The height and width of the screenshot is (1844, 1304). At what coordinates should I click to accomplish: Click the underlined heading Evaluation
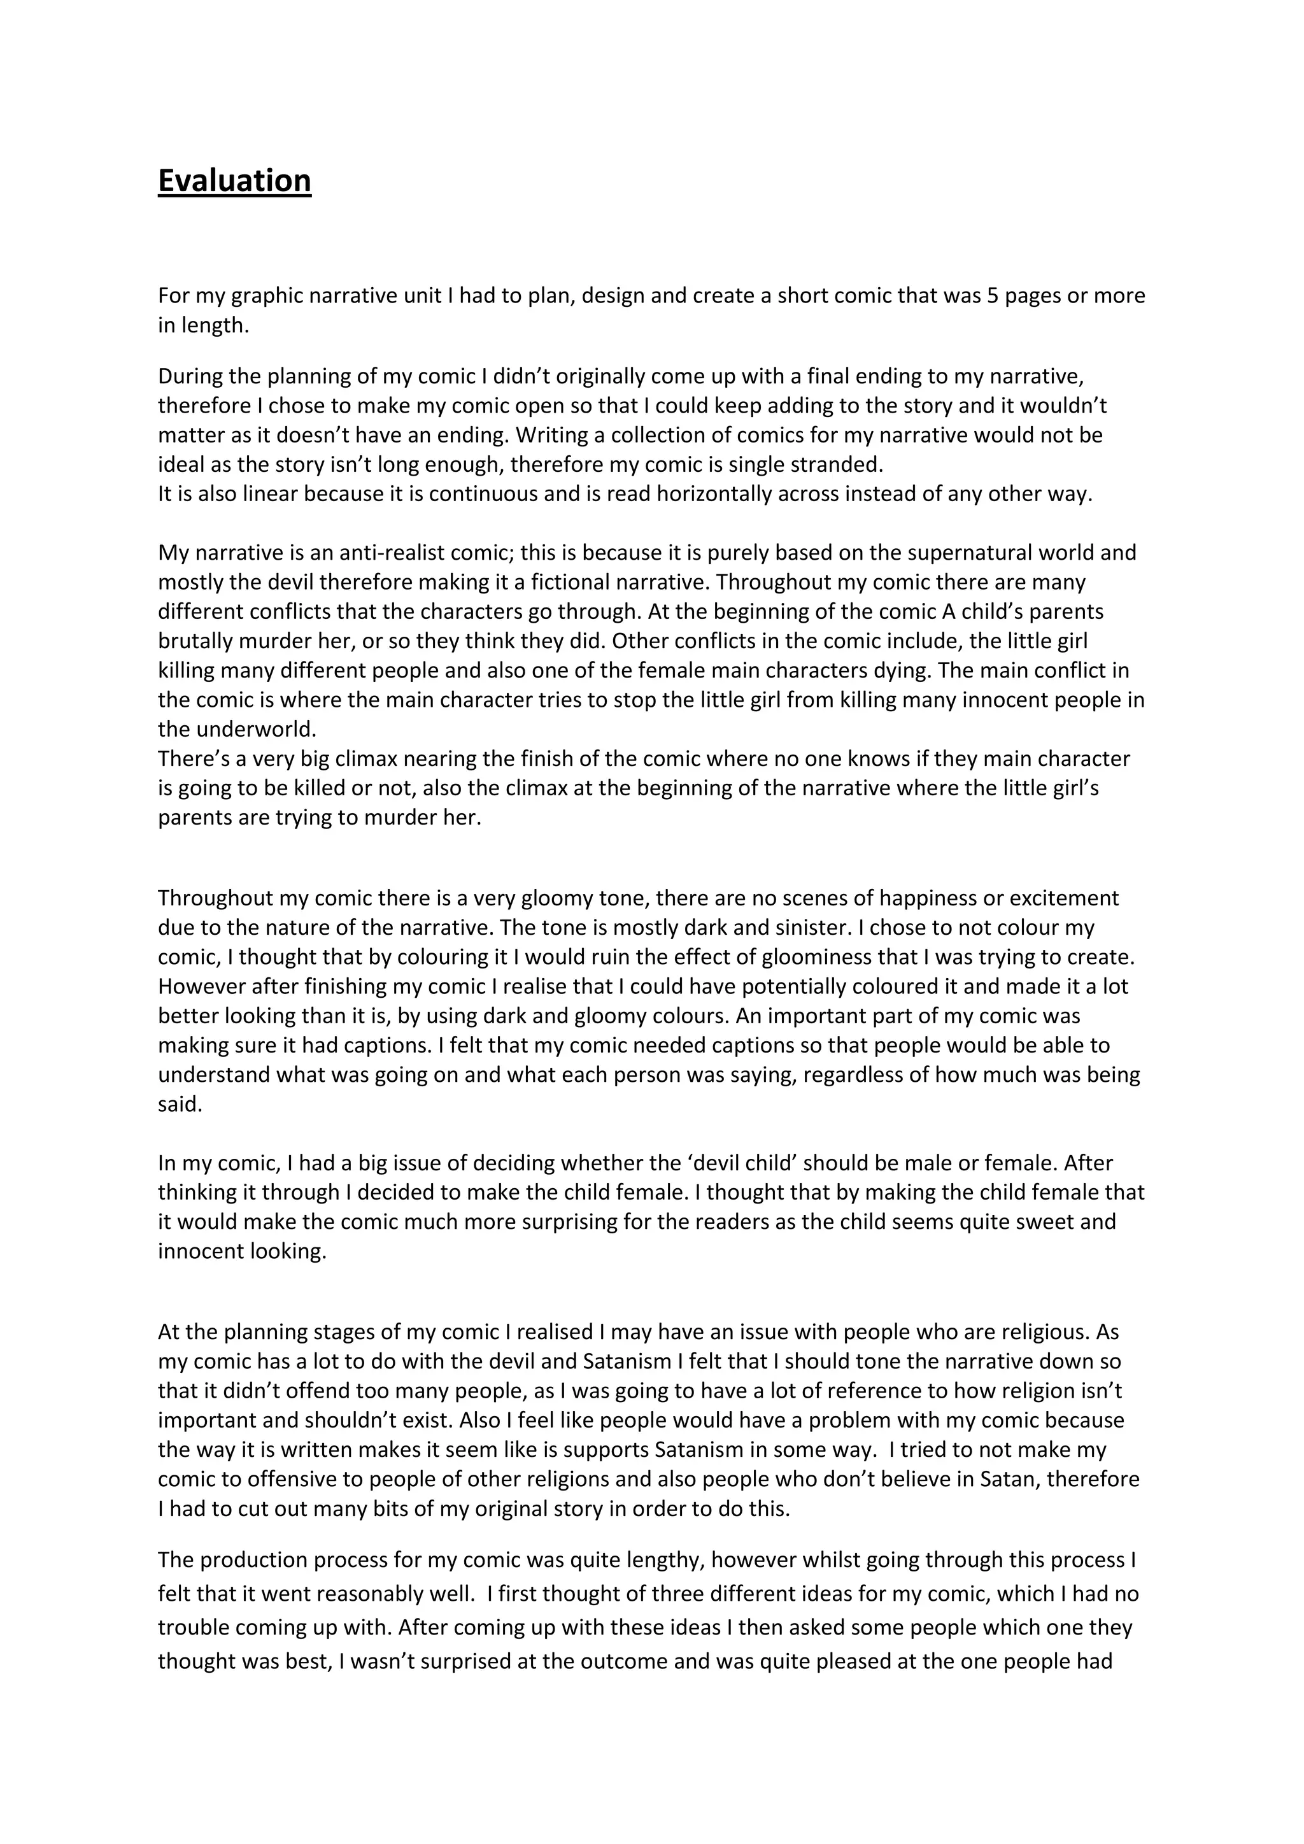tap(234, 181)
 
